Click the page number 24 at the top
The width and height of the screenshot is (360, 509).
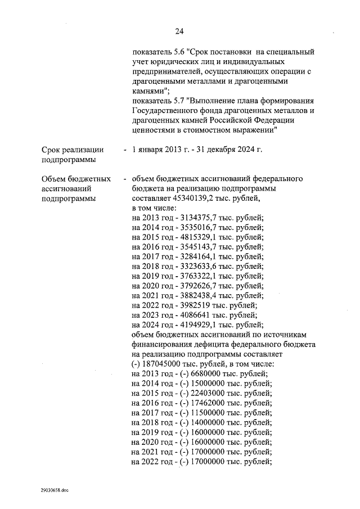(x=179, y=31)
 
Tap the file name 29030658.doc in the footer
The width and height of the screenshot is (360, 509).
(x=53, y=490)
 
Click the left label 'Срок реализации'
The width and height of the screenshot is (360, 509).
(x=73, y=150)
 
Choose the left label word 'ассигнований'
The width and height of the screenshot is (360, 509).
(x=66, y=189)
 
